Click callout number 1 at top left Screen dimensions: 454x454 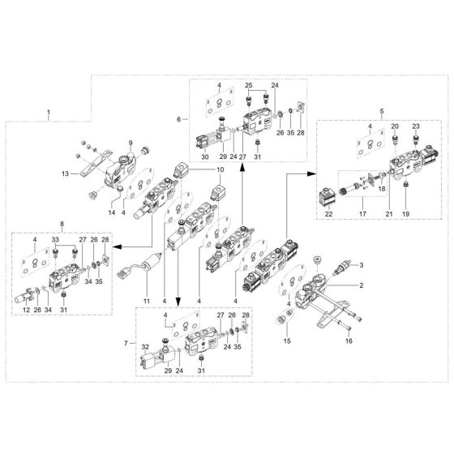(x=49, y=110)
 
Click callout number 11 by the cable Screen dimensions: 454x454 (x=148, y=301)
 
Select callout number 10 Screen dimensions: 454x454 (x=219, y=169)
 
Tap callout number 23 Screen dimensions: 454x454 (x=417, y=126)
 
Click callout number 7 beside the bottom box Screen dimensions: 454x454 (x=124, y=344)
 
